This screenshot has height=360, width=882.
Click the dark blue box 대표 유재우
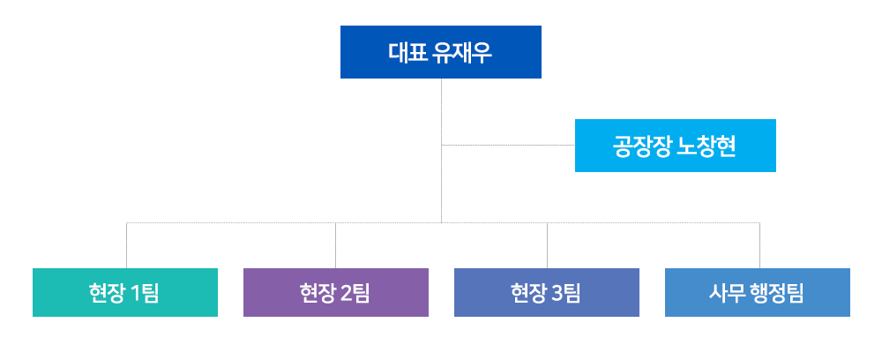tap(440, 52)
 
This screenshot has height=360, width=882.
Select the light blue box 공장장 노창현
tap(675, 145)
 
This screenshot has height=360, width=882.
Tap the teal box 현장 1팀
tap(125, 293)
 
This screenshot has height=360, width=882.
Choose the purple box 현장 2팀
tap(336, 293)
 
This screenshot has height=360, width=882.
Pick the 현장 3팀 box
tap(547, 293)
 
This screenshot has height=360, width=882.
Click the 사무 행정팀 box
tap(757, 293)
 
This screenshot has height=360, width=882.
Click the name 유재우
tap(463, 52)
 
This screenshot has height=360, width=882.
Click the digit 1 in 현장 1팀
tap(135, 293)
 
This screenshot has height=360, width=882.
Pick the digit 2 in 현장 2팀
tap(346, 293)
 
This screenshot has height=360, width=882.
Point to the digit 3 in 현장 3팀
tap(557, 293)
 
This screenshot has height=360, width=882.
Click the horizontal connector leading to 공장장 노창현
tap(508, 145)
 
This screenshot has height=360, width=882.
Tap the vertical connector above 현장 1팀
tap(126, 245)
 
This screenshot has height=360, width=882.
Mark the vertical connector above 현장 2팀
tap(336, 245)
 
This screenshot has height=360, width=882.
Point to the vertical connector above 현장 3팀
tap(548, 245)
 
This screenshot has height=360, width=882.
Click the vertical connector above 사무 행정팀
tap(760, 245)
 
